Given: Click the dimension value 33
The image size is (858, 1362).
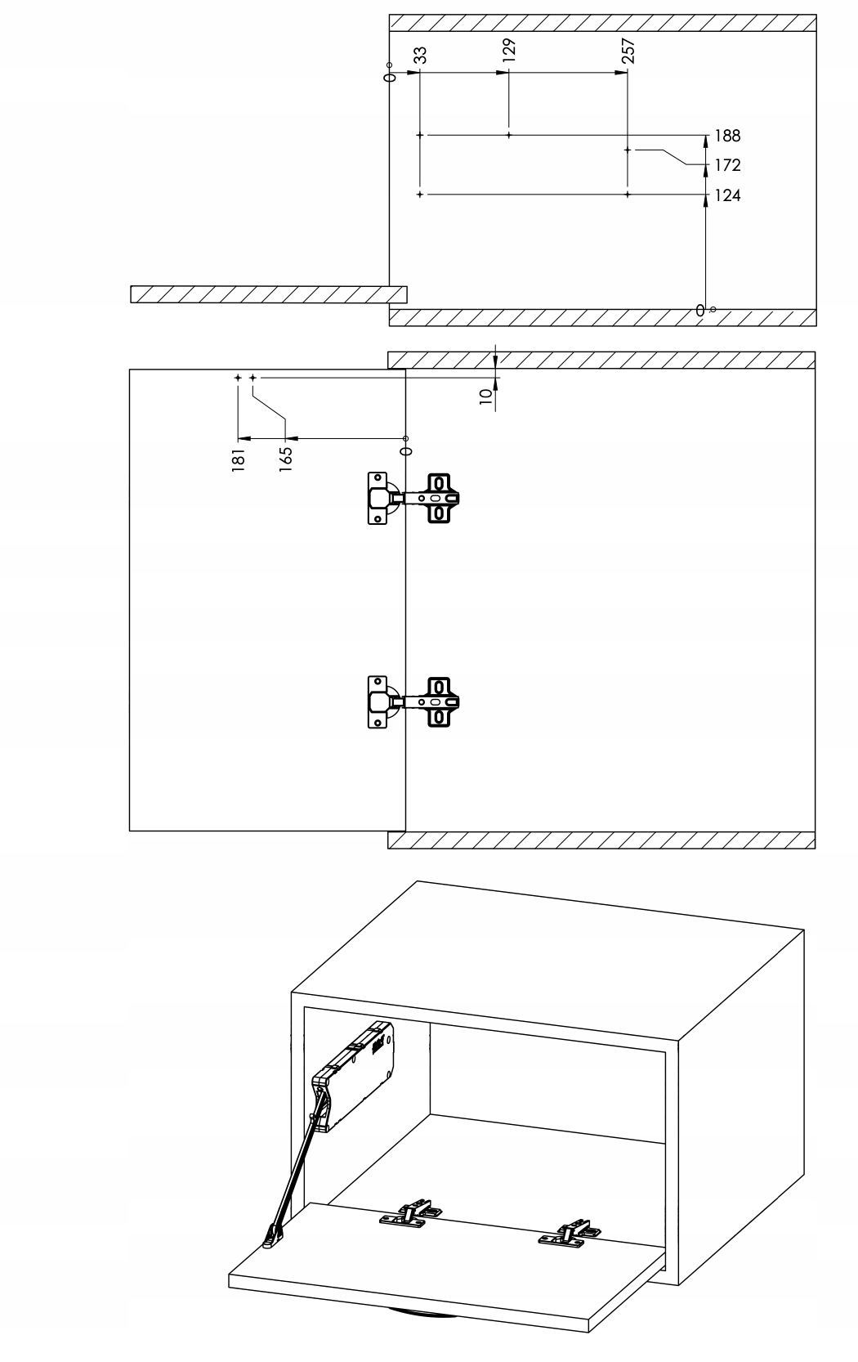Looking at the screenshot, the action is [x=421, y=55].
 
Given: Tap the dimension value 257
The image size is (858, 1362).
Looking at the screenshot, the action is [x=628, y=51].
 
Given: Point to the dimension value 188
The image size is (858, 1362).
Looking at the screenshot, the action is [x=727, y=136].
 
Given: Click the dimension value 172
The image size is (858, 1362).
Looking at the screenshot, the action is [x=727, y=165].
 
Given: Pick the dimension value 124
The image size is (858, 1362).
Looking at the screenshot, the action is [x=727, y=195].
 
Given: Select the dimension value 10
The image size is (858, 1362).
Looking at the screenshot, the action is [x=485, y=396].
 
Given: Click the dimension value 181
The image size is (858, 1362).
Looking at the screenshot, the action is [x=238, y=459].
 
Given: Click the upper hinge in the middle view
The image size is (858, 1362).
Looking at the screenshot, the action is [x=412, y=497].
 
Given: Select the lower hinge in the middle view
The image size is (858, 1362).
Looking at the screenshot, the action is [x=412, y=701].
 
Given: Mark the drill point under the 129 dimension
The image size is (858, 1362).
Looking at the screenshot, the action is [x=508, y=135].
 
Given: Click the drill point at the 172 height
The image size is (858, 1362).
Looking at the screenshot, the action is [x=628, y=150].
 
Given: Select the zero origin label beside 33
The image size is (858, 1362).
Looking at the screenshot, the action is [x=390, y=76].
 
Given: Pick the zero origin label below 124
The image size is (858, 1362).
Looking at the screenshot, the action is [x=700, y=310].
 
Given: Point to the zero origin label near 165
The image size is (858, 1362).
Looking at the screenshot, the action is [x=406, y=449].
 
